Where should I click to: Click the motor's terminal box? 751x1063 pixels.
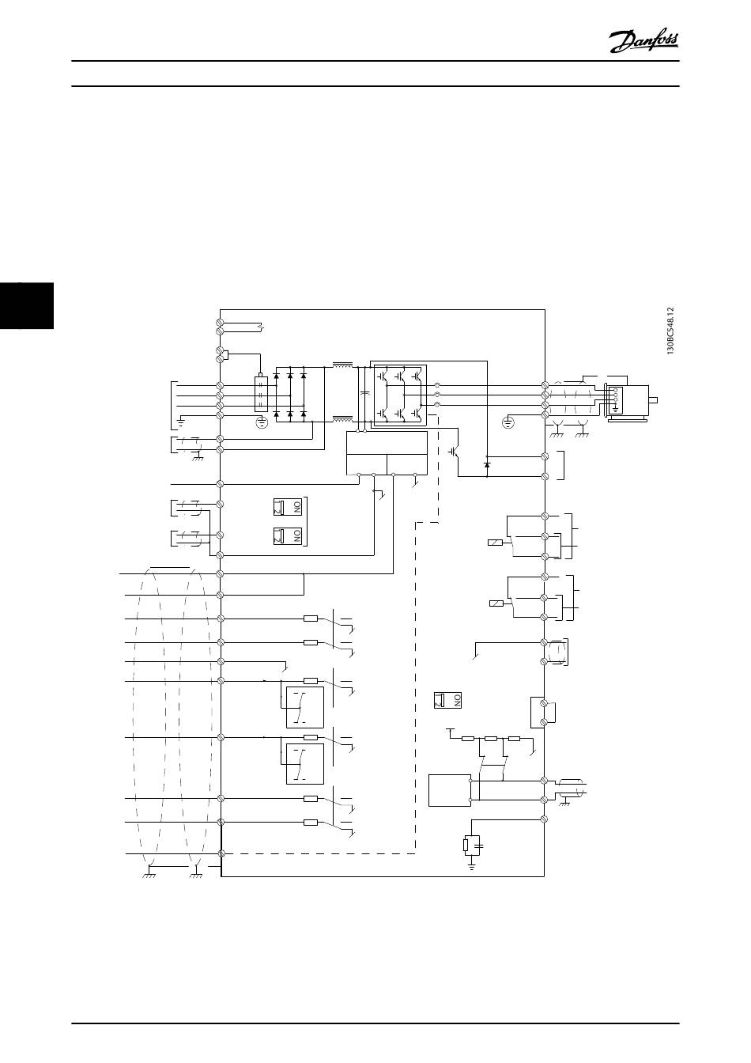coord(617,399)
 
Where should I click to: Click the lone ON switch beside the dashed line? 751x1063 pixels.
coord(447,700)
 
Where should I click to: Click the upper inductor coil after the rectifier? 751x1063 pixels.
coord(343,366)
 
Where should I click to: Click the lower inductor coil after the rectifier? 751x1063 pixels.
coord(343,417)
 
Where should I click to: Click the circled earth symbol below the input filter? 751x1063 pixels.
coord(262,422)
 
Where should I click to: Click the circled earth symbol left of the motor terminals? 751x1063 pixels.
coord(508,422)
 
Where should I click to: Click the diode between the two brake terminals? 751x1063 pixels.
coord(486,466)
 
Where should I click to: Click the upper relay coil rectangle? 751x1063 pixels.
coord(494,543)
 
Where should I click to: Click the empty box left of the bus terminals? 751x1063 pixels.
coord(448,790)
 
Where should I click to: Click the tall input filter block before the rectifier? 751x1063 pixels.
coord(261,393)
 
